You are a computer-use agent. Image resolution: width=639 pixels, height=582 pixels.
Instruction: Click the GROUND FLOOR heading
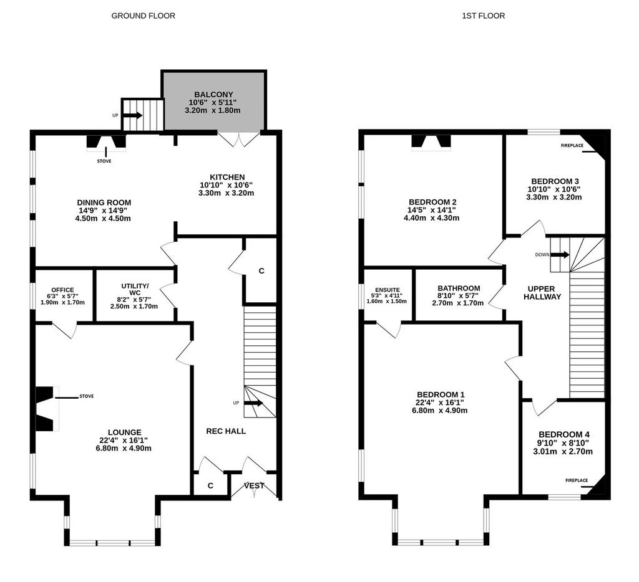pyautogui.click(x=143, y=16)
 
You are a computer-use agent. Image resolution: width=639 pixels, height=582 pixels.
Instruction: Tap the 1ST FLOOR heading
pyautogui.click(x=484, y=16)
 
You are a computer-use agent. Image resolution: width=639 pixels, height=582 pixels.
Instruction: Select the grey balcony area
pyautogui.click(x=213, y=102)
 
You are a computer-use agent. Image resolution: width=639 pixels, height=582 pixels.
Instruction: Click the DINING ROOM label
pyautogui.click(x=104, y=203)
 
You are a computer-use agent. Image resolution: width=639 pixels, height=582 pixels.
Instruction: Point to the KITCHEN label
pyautogui.click(x=227, y=177)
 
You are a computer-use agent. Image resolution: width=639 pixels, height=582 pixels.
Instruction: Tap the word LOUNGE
pyautogui.click(x=125, y=432)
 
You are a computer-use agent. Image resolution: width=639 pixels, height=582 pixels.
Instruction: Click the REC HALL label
pyautogui.click(x=226, y=431)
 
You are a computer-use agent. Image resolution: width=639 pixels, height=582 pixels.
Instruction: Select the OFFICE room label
pyautogui.click(x=63, y=290)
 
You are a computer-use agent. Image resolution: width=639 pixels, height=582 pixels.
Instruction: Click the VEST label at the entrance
pyautogui.click(x=255, y=485)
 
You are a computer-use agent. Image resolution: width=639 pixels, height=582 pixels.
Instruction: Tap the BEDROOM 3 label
pyautogui.click(x=555, y=181)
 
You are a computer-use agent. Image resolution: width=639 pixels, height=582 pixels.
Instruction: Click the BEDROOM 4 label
pyautogui.click(x=563, y=435)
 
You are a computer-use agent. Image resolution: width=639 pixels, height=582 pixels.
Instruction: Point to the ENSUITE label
pyautogui.click(x=387, y=290)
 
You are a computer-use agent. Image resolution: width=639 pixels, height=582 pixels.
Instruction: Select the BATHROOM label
pyautogui.click(x=459, y=288)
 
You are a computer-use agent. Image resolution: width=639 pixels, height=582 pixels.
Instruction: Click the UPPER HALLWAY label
pyautogui.click(x=542, y=293)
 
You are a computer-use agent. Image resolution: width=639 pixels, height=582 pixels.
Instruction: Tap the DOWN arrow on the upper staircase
pyautogui.click(x=560, y=255)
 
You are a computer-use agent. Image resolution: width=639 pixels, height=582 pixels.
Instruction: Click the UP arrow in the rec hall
pyautogui.click(x=253, y=403)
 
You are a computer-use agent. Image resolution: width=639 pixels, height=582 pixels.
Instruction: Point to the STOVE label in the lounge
pyautogui.click(x=86, y=396)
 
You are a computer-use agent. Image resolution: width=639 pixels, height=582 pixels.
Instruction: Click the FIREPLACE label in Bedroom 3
pyautogui.click(x=572, y=145)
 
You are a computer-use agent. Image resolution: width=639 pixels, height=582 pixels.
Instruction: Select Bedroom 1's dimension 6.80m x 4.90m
pyautogui.click(x=440, y=410)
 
